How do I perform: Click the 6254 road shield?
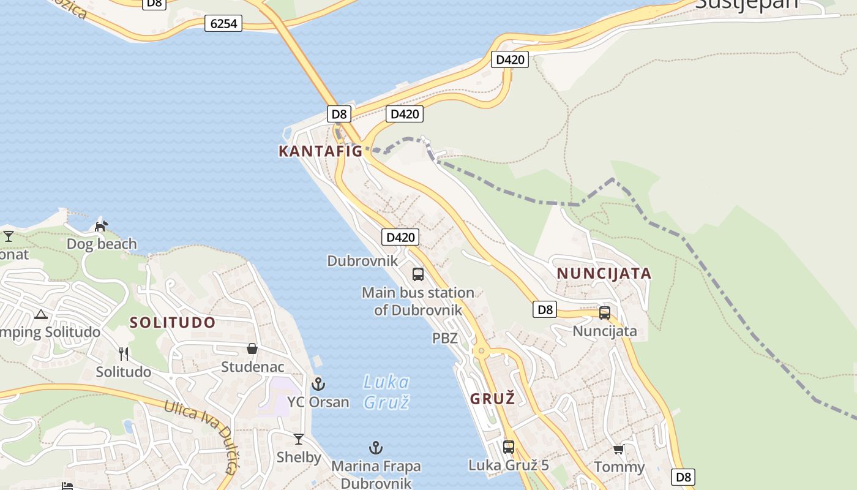tap(223, 23)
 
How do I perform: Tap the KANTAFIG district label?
tap(321, 151)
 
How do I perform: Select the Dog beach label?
tap(102, 244)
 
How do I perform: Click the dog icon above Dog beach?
tap(101, 226)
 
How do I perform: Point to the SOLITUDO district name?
tap(173, 323)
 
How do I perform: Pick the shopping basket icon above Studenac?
tap(252, 349)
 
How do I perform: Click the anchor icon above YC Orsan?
tap(318, 385)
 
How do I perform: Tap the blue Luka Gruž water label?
tap(386, 392)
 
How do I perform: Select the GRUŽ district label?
tap(492, 399)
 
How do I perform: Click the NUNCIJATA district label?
tap(604, 274)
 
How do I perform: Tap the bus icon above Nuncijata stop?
tap(605, 313)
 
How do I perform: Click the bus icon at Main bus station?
tap(418, 274)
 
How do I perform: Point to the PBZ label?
tap(445, 338)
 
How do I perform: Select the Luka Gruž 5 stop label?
tap(509, 466)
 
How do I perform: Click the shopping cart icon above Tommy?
tap(618, 450)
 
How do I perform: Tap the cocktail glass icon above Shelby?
tap(298, 439)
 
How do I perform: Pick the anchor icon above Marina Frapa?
tap(376, 448)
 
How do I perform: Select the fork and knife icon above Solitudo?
tap(124, 353)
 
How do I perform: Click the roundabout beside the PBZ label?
tap(481, 352)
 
